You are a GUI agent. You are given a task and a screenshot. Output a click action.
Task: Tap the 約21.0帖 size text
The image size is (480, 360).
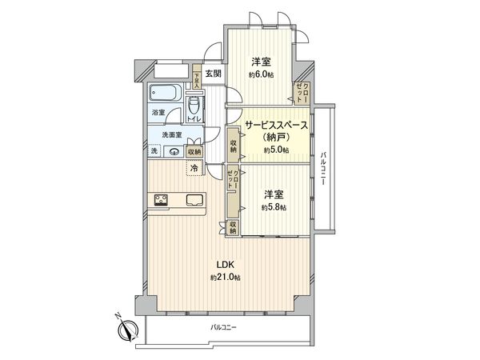coord(225,277)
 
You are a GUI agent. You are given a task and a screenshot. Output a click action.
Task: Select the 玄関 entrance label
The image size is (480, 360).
coord(213,74)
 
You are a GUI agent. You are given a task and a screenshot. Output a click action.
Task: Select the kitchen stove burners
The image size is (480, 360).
coord(158,200)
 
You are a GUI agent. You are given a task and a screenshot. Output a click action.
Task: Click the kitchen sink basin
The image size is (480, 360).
coord(194,200)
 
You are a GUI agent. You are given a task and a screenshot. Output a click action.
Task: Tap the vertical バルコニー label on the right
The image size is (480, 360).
coord(323,169)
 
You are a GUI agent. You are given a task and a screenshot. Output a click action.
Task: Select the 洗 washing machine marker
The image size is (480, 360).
coord(154,151)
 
